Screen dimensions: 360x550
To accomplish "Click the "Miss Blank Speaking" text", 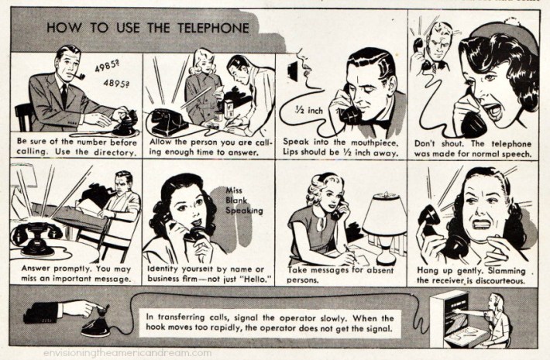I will pos(242,199).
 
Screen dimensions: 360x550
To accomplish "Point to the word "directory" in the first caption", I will pos(114,153).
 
